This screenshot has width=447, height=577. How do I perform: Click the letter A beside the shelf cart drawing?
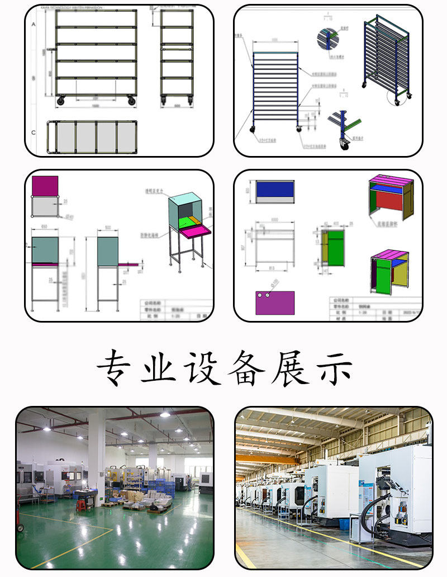(x=34, y=25)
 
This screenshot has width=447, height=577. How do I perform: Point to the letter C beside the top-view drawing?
(x=34, y=133)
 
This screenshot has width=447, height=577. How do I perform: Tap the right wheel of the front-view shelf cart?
(x=131, y=101)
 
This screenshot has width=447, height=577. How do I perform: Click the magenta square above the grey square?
(x=45, y=186)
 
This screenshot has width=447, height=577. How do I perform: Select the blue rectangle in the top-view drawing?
(x=275, y=188)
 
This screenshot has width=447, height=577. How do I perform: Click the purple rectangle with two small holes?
(x=275, y=302)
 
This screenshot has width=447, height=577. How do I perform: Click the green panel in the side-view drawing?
(x=336, y=249)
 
